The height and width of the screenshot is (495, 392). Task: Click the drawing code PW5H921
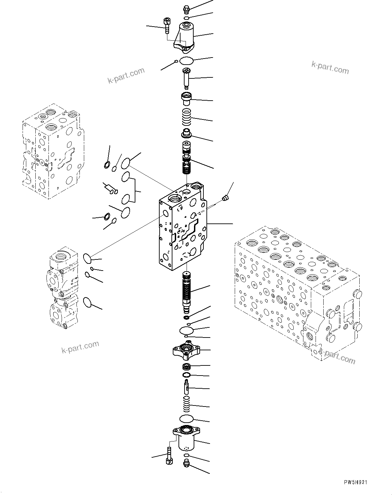(355, 483)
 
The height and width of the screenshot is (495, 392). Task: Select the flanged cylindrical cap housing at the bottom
(186, 438)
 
